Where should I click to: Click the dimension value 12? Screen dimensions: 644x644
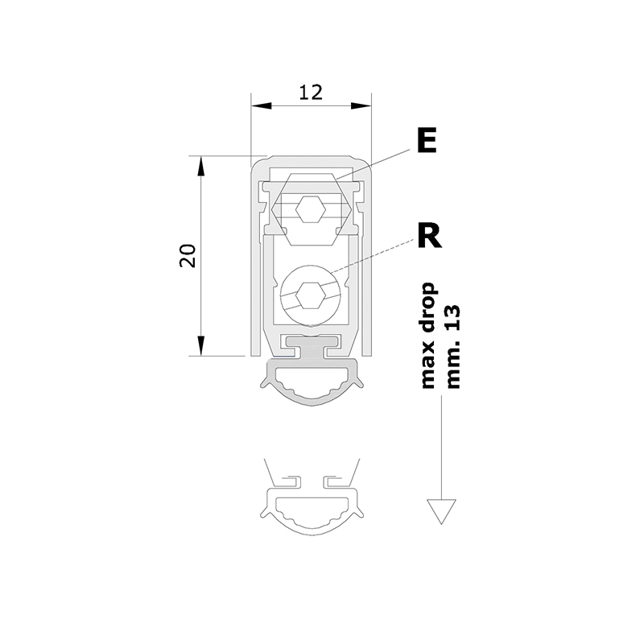311,92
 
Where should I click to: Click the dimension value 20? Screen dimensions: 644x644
188,255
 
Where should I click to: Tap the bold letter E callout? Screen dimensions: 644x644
427,140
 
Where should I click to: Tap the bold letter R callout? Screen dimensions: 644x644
429,236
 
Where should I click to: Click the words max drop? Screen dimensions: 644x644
428,335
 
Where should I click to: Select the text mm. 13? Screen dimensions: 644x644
452,347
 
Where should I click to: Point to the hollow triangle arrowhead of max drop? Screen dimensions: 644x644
441,511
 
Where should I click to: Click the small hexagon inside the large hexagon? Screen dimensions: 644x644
311,209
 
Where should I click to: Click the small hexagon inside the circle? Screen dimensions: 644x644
311,295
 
